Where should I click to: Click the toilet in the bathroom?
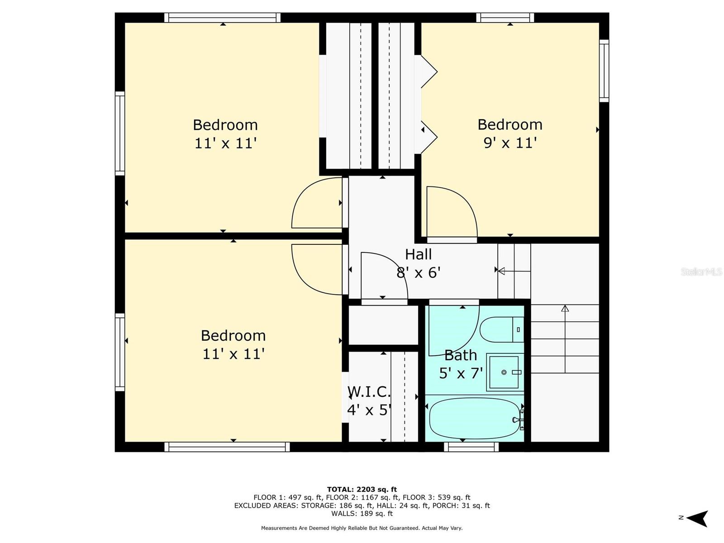(x=500, y=329)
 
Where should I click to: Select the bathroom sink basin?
(x=504, y=372)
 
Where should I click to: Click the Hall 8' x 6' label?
(x=419, y=263)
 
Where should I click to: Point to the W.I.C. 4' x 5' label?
(x=369, y=400)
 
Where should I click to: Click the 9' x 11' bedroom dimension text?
(x=510, y=143)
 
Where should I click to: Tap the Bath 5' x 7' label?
(x=461, y=364)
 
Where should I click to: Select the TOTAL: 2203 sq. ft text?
(x=362, y=489)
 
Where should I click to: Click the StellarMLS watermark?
(x=701, y=271)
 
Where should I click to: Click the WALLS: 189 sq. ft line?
(x=362, y=514)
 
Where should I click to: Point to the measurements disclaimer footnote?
(x=362, y=528)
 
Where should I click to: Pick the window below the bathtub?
(x=471, y=447)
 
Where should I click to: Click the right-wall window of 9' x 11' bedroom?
(x=604, y=71)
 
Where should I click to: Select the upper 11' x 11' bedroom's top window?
(x=222, y=18)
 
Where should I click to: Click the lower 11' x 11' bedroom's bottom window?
(x=227, y=447)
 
